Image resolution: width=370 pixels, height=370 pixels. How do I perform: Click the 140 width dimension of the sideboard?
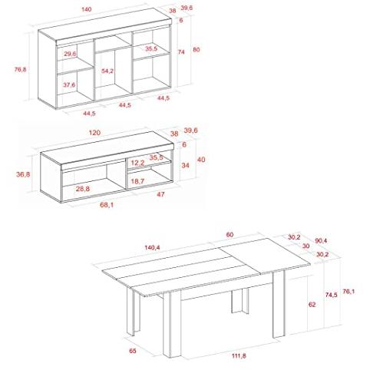tap(87, 9)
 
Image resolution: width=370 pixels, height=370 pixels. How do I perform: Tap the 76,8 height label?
tap(20, 69)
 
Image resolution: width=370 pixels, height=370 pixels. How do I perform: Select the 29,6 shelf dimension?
tap(70, 54)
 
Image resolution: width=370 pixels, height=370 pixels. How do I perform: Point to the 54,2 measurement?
tap(107, 71)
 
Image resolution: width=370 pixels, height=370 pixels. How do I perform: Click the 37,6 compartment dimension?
tap(69, 84)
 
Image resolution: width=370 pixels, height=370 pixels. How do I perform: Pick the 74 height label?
tap(181, 52)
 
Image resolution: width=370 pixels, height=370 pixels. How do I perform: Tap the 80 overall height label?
tap(197, 50)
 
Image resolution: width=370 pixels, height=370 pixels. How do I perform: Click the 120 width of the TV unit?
tap(94, 133)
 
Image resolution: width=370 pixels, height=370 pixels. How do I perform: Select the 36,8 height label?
tap(23, 174)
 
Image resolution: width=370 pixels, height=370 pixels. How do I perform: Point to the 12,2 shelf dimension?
tap(137, 163)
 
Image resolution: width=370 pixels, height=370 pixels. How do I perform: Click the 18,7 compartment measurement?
tap(137, 181)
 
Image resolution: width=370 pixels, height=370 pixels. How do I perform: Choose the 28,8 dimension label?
tap(83, 189)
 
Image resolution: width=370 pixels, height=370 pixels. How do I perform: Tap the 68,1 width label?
tap(107, 205)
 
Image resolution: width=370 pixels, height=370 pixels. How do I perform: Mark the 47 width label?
tap(160, 194)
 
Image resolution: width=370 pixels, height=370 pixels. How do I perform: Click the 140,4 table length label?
tap(152, 247)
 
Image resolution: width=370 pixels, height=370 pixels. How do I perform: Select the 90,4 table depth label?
tap(321, 241)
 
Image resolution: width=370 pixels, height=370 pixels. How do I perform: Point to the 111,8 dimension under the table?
tap(239, 355)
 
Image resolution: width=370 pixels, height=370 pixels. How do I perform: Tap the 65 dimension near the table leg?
tap(133, 351)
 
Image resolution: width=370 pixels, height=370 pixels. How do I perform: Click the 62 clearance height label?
tap(312, 305)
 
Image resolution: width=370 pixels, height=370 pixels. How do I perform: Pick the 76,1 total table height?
tap(349, 292)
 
